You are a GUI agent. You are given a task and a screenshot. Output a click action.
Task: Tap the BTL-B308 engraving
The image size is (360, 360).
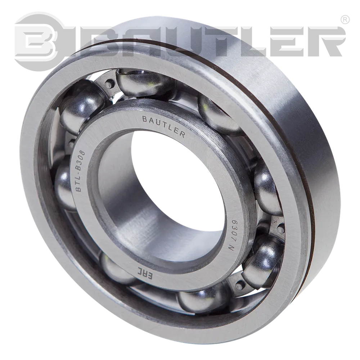pyautogui.click(x=81, y=171)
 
